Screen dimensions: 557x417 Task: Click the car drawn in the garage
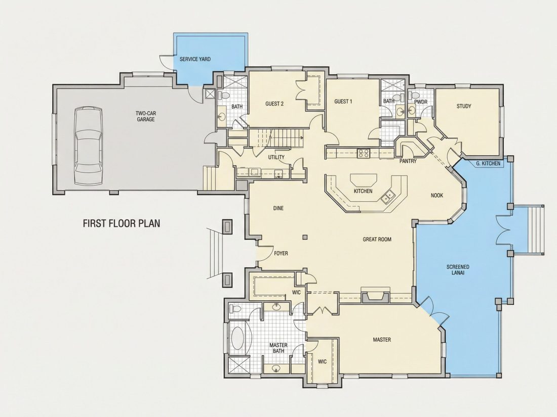(89, 146)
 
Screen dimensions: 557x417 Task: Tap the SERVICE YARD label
(195, 59)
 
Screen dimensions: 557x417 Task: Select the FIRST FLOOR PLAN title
(122, 223)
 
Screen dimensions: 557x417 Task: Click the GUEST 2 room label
(274, 104)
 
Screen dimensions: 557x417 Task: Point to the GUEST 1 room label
(343, 102)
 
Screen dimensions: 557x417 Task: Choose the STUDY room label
(464, 106)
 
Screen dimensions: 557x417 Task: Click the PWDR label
(421, 102)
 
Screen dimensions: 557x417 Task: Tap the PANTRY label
(408, 161)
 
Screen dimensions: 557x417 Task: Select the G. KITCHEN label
(488, 163)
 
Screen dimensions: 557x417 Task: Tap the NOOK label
(437, 196)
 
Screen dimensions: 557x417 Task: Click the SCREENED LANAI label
(458, 269)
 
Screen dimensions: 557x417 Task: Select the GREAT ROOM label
(377, 240)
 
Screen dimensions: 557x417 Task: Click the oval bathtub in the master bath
(238, 339)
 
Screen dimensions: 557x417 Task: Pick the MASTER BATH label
(278, 348)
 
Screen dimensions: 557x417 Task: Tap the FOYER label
(281, 253)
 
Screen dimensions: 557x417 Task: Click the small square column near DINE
(305, 237)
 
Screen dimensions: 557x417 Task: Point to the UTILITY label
(276, 157)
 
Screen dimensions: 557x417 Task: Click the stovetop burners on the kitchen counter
(364, 153)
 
